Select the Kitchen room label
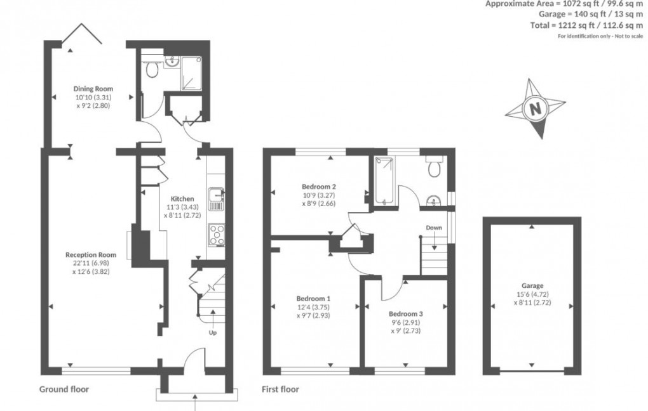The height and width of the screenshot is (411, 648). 180,199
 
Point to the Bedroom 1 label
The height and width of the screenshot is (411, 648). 314,298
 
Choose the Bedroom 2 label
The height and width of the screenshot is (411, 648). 318,186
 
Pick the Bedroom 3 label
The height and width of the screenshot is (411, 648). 405,314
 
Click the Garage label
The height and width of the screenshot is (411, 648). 533,286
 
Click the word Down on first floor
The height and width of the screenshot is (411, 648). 435,228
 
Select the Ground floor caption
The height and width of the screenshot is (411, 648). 64,389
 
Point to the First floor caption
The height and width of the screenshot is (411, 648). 280,389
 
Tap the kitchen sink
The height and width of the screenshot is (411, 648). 216,198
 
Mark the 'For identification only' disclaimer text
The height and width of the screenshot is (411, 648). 600,36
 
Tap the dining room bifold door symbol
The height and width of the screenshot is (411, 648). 83,35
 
